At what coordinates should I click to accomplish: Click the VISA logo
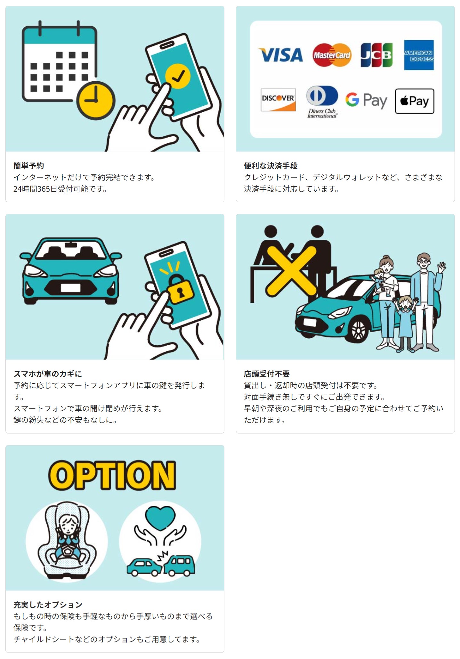(x=281, y=55)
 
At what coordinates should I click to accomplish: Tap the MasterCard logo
(x=332, y=55)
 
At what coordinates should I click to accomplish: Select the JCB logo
(x=376, y=55)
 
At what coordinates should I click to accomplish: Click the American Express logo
(x=419, y=55)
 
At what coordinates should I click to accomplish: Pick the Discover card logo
(x=278, y=100)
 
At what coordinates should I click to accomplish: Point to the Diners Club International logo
(x=322, y=102)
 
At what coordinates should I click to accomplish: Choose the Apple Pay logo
(x=415, y=101)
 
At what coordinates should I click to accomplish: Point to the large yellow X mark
(x=291, y=271)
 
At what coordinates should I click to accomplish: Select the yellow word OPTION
(x=112, y=476)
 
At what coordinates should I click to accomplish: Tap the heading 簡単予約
(x=29, y=166)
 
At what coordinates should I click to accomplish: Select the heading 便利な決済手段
(x=271, y=166)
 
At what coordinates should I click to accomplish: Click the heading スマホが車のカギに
(x=48, y=374)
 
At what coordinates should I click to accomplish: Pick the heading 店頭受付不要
(x=267, y=374)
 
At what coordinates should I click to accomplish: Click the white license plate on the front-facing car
(x=70, y=288)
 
